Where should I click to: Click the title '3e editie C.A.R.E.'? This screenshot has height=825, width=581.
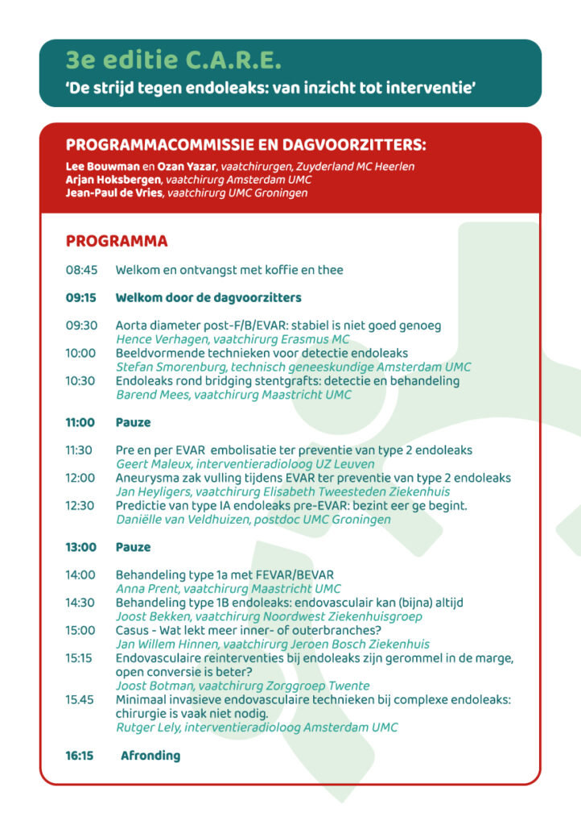tap(174, 60)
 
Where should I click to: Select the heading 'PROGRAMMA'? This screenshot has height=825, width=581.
tap(117, 242)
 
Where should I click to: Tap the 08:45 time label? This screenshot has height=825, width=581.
tap(81, 271)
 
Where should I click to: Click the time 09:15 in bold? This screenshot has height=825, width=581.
tap(81, 298)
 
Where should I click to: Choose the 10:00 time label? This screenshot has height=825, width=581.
tap(81, 353)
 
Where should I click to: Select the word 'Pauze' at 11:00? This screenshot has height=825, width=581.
tap(133, 422)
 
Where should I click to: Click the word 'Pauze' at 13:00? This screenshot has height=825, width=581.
tap(133, 547)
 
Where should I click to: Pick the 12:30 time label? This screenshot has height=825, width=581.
tap(81, 505)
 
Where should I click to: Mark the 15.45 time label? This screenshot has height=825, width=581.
tap(81, 699)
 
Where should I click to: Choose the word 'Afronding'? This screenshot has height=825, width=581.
tap(150, 756)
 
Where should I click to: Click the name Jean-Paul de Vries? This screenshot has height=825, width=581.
tap(114, 193)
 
